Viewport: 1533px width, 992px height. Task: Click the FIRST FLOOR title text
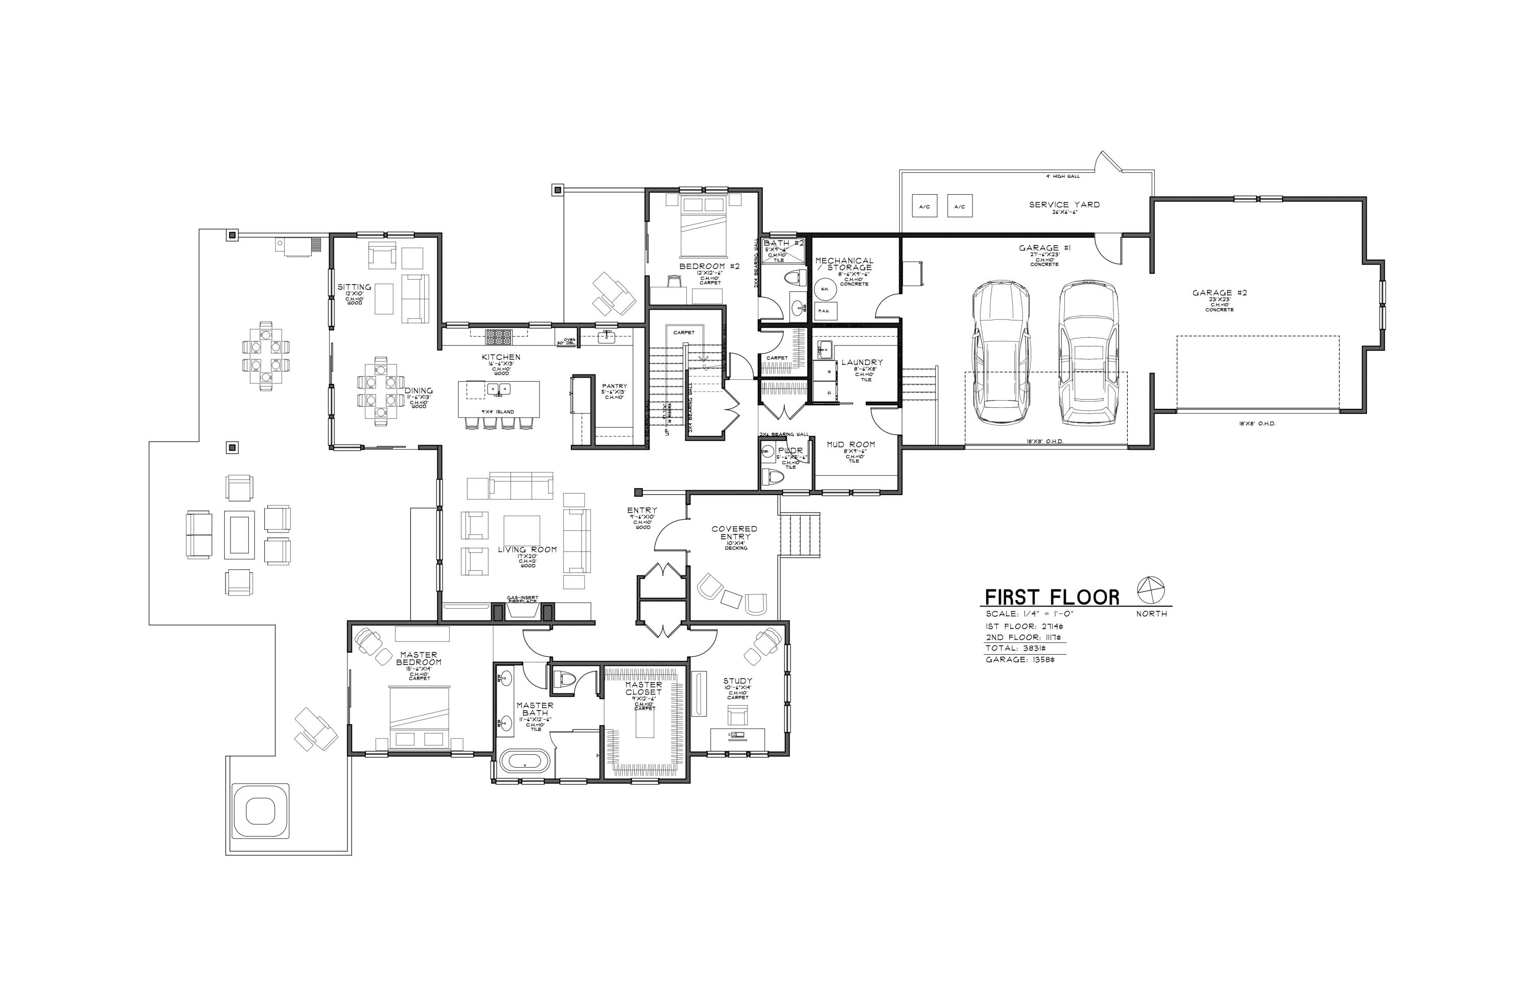[x=1051, y=597]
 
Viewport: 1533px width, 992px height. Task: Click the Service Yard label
[x=1064, y=205]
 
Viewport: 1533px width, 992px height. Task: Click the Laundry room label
[x=862, y=363]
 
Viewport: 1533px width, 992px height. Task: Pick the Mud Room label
[x=851, y=445]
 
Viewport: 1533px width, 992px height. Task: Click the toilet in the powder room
[x=772, y=477]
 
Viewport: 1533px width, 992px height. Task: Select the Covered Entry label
[x=734, y=533]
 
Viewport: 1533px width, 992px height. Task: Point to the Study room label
[x=737, y=681]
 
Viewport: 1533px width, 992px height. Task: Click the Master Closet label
[x=643, y=688]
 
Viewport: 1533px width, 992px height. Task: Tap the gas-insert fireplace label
[x=522, y=599]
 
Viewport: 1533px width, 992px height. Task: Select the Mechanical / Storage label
[x=845, y=264]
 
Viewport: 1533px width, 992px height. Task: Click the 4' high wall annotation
[x=1063, y=176]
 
